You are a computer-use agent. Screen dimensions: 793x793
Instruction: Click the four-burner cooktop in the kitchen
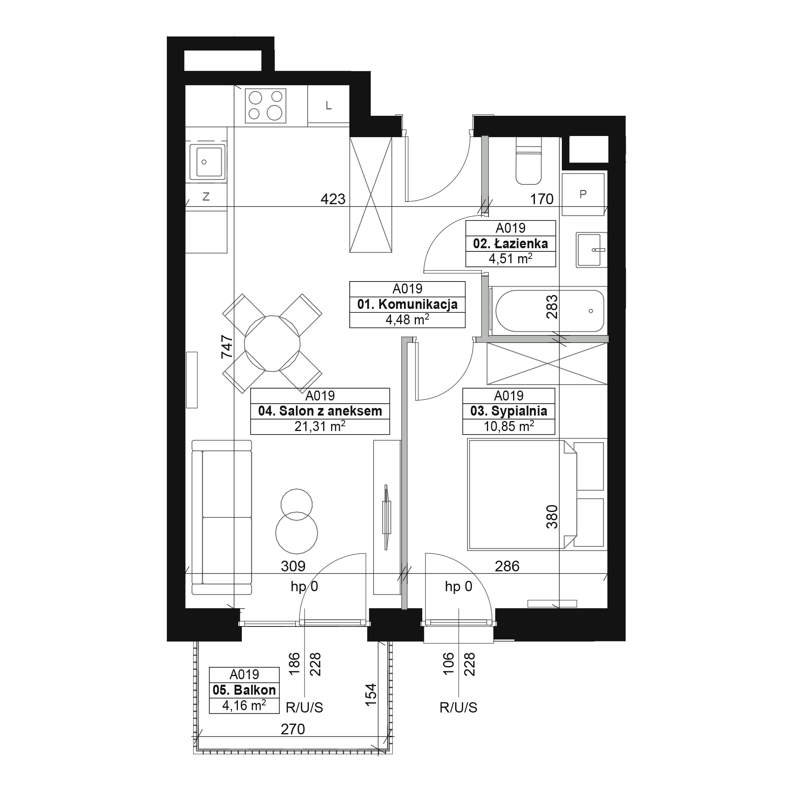pyautogui.click(x=266, y=106)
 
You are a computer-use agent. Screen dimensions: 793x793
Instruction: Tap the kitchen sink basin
pyautogui.click(x=209, y=162)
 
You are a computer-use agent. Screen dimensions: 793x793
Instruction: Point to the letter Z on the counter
pyautogui.click(x=206, y=197)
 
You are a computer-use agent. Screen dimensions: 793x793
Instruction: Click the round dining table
pyautogui.click(x=272, y=343)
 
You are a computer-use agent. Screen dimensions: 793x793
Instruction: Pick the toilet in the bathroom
pyautogui.click(x=529, y=161)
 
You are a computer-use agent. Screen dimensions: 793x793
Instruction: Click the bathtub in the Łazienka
pyautogui.click(x=550, y=311)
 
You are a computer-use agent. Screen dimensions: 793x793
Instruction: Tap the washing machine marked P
pyautogui.click(x=583, y=194)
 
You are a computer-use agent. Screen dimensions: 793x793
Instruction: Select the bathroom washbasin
pyautogui.click(x=592, y=249)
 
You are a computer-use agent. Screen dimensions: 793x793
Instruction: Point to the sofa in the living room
pyautogui.click(x=222, y=517)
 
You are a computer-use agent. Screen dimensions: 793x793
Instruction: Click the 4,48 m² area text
pyautogui.click(x=407, y=320)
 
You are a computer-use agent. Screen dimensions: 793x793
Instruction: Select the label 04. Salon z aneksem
pyautogui.click(x=320, y=411)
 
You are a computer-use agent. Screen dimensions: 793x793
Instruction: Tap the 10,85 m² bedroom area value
pyautogui.click(x=509, y=427)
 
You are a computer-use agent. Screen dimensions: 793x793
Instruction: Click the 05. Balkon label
pyautogui.click(x=244, y=690)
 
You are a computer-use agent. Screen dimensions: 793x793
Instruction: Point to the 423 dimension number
pyautogui.click(x=333, y=199)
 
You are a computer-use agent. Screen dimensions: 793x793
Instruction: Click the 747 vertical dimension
pyautogui.click(x=227, y=347)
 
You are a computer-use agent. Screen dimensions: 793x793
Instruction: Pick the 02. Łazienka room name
pyautogui.click(x=511, y=243)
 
